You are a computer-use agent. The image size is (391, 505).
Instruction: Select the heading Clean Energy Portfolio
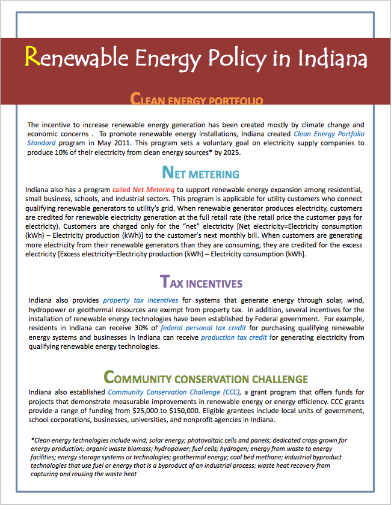196,98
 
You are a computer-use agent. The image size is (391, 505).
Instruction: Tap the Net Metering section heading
201,174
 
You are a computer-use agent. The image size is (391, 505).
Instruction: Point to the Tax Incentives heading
201,282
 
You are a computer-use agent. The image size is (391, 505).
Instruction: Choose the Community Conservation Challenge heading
206,378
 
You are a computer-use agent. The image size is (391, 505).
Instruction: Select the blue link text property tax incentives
140,300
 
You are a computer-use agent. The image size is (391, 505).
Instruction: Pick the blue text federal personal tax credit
199,328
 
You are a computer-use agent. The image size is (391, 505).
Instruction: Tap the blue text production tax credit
234,337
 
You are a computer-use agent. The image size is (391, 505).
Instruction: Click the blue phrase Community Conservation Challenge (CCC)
174,392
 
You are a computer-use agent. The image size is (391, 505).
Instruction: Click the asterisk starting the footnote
32,440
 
